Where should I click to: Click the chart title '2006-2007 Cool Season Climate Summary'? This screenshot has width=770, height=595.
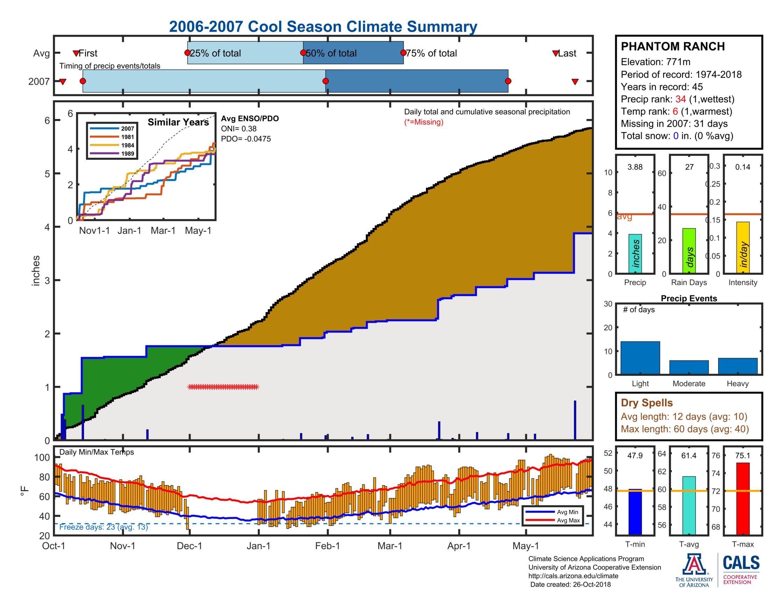323,27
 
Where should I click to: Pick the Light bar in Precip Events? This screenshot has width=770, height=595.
640,357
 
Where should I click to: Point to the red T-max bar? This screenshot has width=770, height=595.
742,498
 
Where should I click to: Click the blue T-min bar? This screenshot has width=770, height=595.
635,512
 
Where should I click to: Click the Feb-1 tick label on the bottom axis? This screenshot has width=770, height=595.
327,546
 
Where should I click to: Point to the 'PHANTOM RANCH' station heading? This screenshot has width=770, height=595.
672,47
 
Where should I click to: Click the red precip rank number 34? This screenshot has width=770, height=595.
680,99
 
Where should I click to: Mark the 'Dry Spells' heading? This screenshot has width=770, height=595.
646,402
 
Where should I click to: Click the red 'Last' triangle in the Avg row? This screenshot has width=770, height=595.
556,53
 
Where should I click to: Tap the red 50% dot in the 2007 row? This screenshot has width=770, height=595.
325,81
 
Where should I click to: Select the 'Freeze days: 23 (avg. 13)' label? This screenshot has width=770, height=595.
103,527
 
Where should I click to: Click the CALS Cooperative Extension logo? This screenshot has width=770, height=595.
741,569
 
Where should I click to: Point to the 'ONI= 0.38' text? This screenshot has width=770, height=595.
239,129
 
